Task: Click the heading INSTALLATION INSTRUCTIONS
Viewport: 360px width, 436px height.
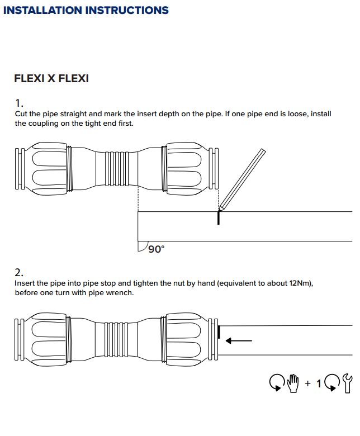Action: click(x=86, y=10)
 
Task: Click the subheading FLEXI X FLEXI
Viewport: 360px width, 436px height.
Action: click(x=51, y=79)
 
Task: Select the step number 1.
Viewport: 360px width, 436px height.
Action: click(x=20, y=103)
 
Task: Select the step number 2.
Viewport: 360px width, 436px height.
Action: click(x=20, y=272)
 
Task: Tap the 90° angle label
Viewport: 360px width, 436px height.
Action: click(x=156, y=249)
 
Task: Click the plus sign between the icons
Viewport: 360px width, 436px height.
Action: click(x=307, y=383)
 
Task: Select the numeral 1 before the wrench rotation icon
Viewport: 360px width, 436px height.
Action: click(x=319, y=383)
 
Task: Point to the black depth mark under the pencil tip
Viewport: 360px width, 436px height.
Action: click(x=219, y=217)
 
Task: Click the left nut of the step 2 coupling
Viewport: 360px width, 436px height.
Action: click(x=48, y=337)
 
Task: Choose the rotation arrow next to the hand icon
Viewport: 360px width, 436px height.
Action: click(x=277, y=383)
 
